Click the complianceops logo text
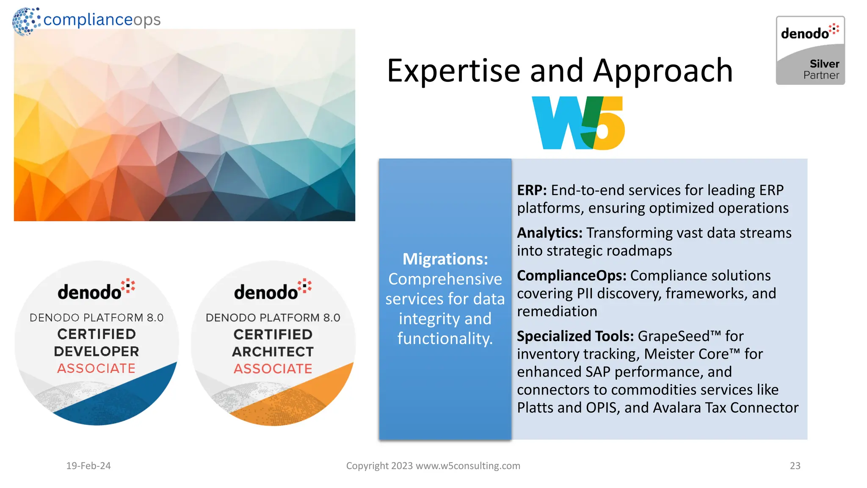pos(102,19)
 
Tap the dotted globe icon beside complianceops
pos(26,21)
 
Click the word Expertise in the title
pos(453,71)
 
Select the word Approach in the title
pos(663,71)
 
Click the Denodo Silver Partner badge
pos(810,50)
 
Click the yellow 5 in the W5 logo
pos(607,127)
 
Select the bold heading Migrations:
pos(445,259)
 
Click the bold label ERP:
pos(532,190)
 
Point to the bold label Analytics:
pos(549,233)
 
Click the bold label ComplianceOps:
pos(572,276)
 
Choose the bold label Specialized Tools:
pos(575,336)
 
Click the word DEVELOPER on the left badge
pos(97,351)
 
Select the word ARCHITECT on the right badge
pos(273,352)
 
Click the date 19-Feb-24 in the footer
pos(88,466)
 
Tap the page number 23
pos(795,466)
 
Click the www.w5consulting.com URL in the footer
pos(468,466)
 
